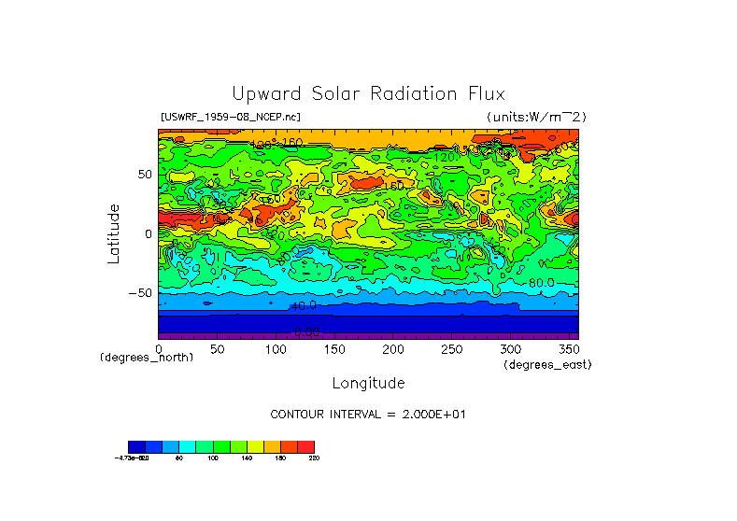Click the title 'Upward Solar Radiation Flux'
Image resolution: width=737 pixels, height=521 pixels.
point(368,93)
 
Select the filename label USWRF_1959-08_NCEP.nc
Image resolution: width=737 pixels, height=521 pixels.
point(231,117)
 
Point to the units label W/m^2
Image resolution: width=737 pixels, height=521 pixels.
point(536,117)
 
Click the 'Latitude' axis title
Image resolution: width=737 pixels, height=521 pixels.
point(113,233)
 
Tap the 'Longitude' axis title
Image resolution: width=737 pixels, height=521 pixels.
point(368,383)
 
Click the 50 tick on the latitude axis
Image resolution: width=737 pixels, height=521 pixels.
point(144,175)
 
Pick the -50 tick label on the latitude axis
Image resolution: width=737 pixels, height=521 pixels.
point(140,292)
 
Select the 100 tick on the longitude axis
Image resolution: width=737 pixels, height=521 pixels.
point(276,348)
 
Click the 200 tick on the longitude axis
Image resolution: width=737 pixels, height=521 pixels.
point(393,348)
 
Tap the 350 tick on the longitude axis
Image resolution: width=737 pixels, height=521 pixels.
point(569,348)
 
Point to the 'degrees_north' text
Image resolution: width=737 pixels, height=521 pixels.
point(147,358)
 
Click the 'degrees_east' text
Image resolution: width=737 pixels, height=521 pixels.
point(547,364)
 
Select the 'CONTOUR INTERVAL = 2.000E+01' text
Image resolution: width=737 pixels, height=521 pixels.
point(368,414)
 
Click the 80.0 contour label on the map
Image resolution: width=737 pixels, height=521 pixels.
point(541,283)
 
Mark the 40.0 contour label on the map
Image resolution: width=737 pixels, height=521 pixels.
point(304,305)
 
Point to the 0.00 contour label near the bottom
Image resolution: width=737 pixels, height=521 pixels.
point(306,331)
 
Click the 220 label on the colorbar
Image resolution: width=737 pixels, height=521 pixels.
point(314,458)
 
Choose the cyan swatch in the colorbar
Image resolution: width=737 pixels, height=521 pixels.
point(187,446)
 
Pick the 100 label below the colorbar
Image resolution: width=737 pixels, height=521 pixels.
point(213,458)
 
